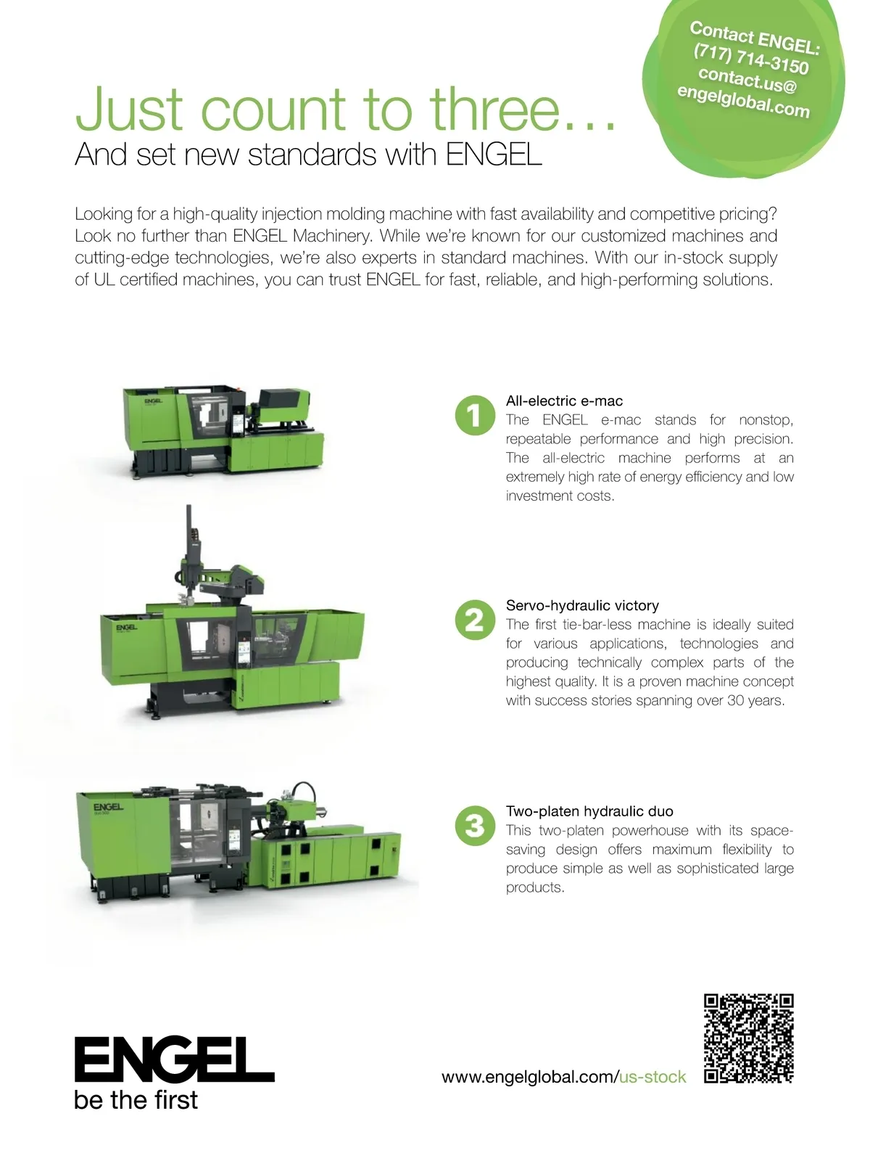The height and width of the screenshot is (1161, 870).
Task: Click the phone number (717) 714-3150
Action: pyautogui.click(x=750, y=59)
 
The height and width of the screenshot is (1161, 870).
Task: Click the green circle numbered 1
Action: pyautogui.click(x=475, y=415)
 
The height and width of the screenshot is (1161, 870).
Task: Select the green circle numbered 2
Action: pyautogui.click(x=475, y=620)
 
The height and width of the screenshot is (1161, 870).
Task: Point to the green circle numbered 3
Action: pyautogui.click(x=475, y=826)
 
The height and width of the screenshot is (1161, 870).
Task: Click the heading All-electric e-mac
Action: pyautogui.click(x=564, y=401)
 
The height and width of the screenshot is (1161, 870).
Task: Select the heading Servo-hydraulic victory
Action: pyautogui.click(x=582, y=606)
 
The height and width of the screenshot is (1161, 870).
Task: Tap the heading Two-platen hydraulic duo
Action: pyautogui.click(x=589, y=811)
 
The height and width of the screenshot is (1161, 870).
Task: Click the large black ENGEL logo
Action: pyautogui.click(x=174, y=1059)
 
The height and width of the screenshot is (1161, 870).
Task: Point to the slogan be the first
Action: pyautogui.click(x=136, y=1100)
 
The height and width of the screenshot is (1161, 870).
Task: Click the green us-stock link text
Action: pyautogui.click(x=652, y=1077)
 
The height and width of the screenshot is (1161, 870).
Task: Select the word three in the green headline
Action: pyautogui.click(x=495, y=108)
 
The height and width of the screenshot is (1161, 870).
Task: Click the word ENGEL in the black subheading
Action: pyautogui.click(x=494, y=155)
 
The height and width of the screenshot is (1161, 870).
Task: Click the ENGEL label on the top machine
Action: pyautogui.click(x=153, y=401)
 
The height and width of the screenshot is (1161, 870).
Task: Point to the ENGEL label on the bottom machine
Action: pyautogui.click(x=108, y=807)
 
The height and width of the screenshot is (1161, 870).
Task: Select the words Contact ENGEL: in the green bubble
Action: pyautogui.click(x=755, y=38)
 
